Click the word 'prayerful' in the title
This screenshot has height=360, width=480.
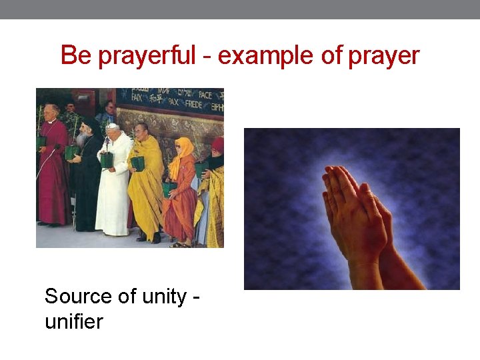[x=147, y=56]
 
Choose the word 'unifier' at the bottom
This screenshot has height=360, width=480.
[x=73, y=322]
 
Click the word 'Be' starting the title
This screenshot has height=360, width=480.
[x=75, y=55]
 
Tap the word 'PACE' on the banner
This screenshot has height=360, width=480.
[x=205, y=95]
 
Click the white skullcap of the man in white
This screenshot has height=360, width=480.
[x=111, y=125]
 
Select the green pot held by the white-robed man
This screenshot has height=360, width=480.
[x=107, y=160]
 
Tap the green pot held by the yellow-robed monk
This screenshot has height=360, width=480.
[x=138, y=163]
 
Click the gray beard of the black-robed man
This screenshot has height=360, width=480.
[x=81, y=139]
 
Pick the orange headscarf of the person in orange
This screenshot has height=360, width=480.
[x=185, y=146]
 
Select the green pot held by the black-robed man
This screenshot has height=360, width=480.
[x=70, y=152]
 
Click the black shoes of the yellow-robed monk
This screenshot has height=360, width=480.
[x=151, y=238]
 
